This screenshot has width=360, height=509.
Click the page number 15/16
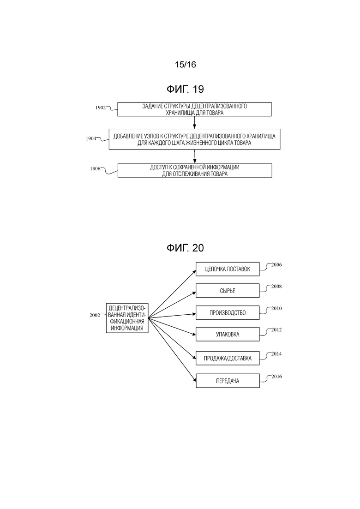pos(186,65)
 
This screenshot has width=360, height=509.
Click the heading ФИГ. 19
pos(185,89)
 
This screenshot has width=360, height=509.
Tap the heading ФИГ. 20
pos(185,248)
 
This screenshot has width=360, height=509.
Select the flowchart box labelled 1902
pos(194,109)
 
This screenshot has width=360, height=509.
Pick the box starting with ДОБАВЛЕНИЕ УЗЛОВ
pos(194,139)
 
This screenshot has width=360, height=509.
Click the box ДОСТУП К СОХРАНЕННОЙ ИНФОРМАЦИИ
pos(195,170)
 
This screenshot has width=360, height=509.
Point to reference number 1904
pos(91,138)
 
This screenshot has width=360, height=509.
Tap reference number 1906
pos(95,169)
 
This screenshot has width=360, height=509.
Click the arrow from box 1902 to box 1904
pos(194,122)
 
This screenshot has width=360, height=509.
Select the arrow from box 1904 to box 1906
pos(194,156)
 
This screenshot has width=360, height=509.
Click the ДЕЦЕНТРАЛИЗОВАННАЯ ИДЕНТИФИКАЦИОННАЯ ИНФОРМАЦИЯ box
pos(127,318)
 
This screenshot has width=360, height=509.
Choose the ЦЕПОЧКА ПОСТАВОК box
pos(228,269)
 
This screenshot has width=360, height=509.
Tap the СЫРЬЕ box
pos(228,291)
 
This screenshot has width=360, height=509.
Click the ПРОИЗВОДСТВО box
pos(228,313)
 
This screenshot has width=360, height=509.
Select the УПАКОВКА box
pos(228,335)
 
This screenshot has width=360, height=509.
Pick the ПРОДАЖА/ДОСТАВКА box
pos(228,359)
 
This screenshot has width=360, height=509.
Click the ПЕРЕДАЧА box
pos(228,381)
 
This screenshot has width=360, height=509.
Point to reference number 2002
pos(95,315)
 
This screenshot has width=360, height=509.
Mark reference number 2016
pos(276,377)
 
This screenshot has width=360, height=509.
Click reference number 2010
pos(276,308)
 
